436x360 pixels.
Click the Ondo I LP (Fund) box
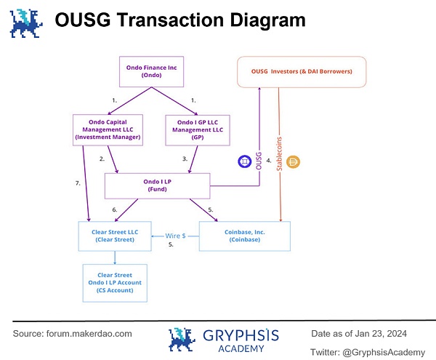tap(157, 185)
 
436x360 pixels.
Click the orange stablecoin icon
tap(295, 161)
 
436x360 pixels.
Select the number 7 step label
tap(77, 183)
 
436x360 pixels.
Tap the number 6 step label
tap(115, 209)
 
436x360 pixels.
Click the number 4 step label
tap(269, 161)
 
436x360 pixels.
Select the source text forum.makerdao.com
tap(93, 333)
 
